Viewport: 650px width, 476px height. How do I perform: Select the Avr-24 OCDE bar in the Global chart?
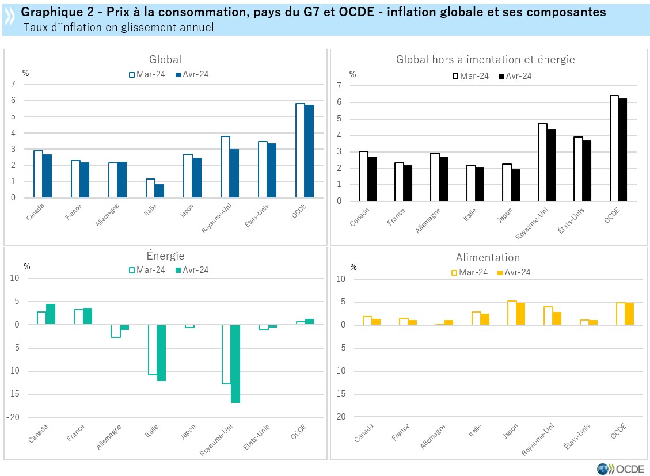309,151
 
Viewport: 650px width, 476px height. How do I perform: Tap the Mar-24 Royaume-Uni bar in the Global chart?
225,167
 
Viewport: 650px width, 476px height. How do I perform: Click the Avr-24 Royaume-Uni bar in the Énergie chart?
235,363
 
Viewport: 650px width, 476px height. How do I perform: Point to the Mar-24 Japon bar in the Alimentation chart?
511,313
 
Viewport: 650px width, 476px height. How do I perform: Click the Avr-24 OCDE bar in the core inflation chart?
624,150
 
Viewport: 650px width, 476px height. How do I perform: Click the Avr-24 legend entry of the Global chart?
191,74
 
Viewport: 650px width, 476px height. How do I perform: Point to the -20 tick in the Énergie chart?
13,417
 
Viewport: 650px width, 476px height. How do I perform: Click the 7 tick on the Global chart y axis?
13,84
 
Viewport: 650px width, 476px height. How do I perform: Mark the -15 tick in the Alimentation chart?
341,394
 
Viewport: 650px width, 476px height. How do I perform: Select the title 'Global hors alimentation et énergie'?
485,59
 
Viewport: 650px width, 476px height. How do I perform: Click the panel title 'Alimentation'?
488,257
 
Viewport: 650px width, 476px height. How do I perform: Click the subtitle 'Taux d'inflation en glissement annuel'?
119,27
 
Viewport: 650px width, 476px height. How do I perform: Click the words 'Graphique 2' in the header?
50,12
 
